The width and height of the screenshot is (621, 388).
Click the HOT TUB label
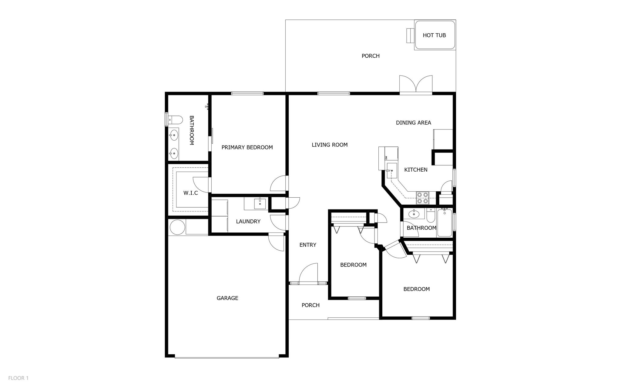(434, 35)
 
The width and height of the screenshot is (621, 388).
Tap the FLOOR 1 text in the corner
(18, 378)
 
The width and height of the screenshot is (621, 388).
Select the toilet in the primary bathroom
(175, 120)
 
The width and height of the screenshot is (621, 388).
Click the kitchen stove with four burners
(422, 198)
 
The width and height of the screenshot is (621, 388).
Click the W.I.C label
(190, 193)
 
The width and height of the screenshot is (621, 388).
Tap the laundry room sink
(260, 204)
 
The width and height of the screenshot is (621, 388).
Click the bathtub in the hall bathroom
(445, 223)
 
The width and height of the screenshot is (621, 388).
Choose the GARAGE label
(227, 298)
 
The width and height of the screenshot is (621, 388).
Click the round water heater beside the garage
(177, 227)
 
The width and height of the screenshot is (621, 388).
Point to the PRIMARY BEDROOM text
(247, 147)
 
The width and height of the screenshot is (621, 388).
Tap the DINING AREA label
(413, 122)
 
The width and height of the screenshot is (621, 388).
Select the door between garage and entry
(276, 242)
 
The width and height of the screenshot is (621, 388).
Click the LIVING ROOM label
(330, 145)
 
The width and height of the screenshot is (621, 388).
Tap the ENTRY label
(308, 245)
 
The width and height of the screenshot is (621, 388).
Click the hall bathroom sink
(414, 214)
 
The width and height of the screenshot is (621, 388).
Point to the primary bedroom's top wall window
(247, 93)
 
